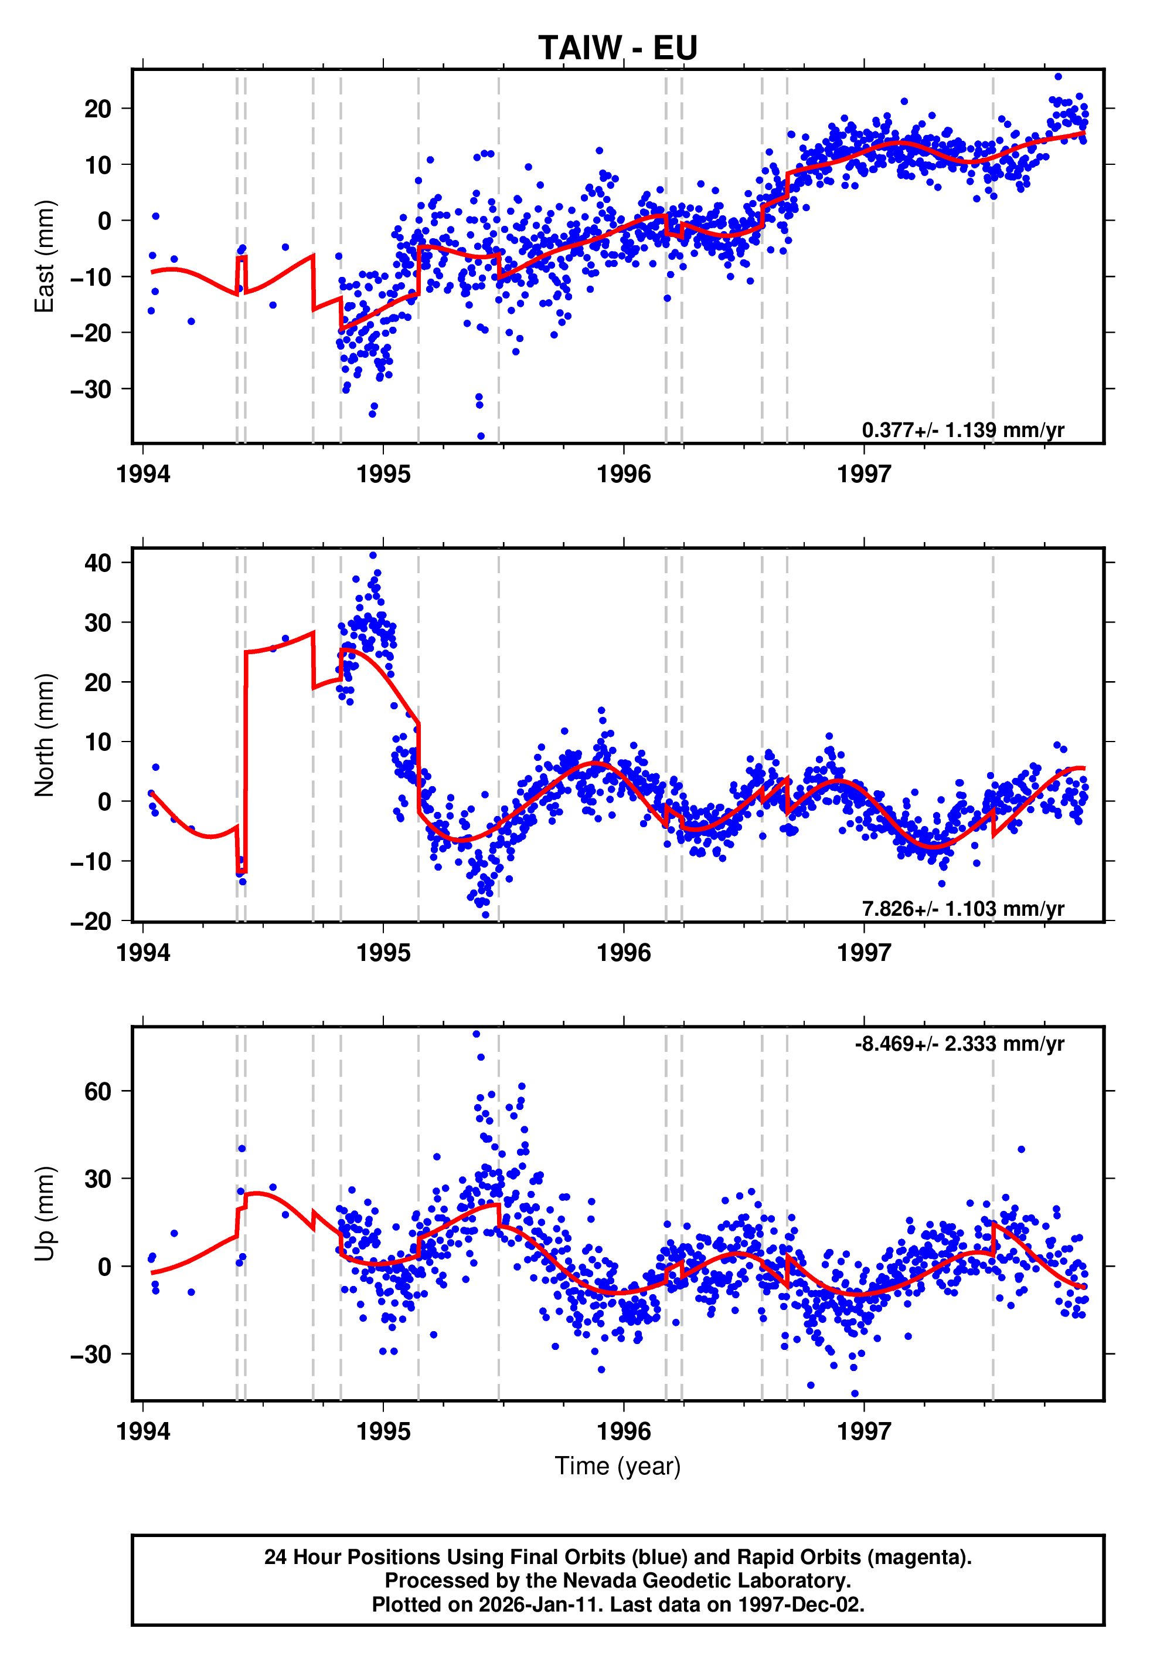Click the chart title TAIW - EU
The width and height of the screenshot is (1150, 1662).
pyautogui.click(x=618, y=48)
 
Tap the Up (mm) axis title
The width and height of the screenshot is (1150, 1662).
pyautogui.click(x=45, y=1214)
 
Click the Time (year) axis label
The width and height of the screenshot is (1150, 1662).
pyautogui.click(x=618, y=1466)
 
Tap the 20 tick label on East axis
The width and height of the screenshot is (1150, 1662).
pyautogui.click(x=98, y=109)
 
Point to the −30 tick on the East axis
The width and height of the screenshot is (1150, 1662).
pyautogui.click(x=91, y=390)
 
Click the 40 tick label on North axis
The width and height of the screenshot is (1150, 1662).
pyautogui.click(x=98, y=563)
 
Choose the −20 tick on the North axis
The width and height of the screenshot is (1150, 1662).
pyautogui.click(x=91, y=921)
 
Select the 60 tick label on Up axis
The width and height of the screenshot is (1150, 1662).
pyautogui.click(x=98, y=1092)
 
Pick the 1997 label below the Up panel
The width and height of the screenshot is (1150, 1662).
pyautogui.click(x=863, y=1431)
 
